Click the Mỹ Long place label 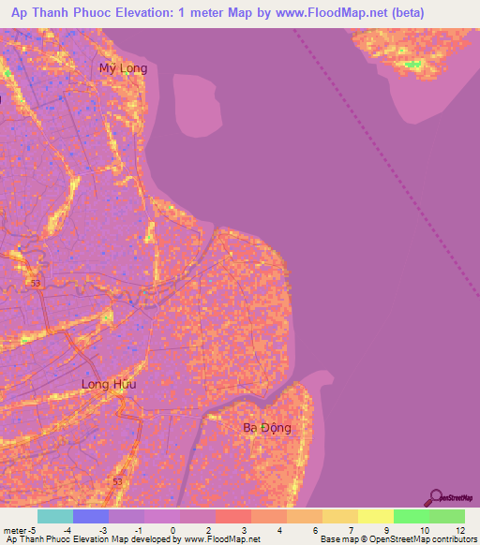tap(123, 68)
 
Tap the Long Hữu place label tap(109, 384)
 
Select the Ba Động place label tap(267, 428)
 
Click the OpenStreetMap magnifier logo tap(436, 497)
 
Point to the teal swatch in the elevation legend tap(54, 516)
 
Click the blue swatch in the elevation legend tap(90, 516)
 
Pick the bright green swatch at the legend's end tap(446, 516)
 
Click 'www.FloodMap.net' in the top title tap(307, 13)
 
